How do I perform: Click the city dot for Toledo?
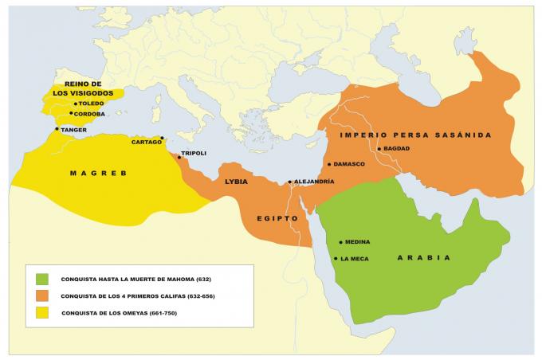click(x=76, y=104)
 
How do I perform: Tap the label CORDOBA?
click(x=89, y=114)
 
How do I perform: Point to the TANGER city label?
click(x=74, y=130)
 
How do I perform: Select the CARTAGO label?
click(x=146, y=142)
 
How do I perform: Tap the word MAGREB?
click(x=98, y=173)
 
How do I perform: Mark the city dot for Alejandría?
click(x=289, y=182)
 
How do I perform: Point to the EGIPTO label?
click(x=277, y=217)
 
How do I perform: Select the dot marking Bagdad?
click(x=380, y=149)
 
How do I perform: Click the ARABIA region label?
click(x=424, y=258)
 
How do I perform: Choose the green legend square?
click(x=42, y=280)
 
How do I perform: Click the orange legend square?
click(x=42, y=296)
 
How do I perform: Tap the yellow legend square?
click(x=42, y=312)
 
